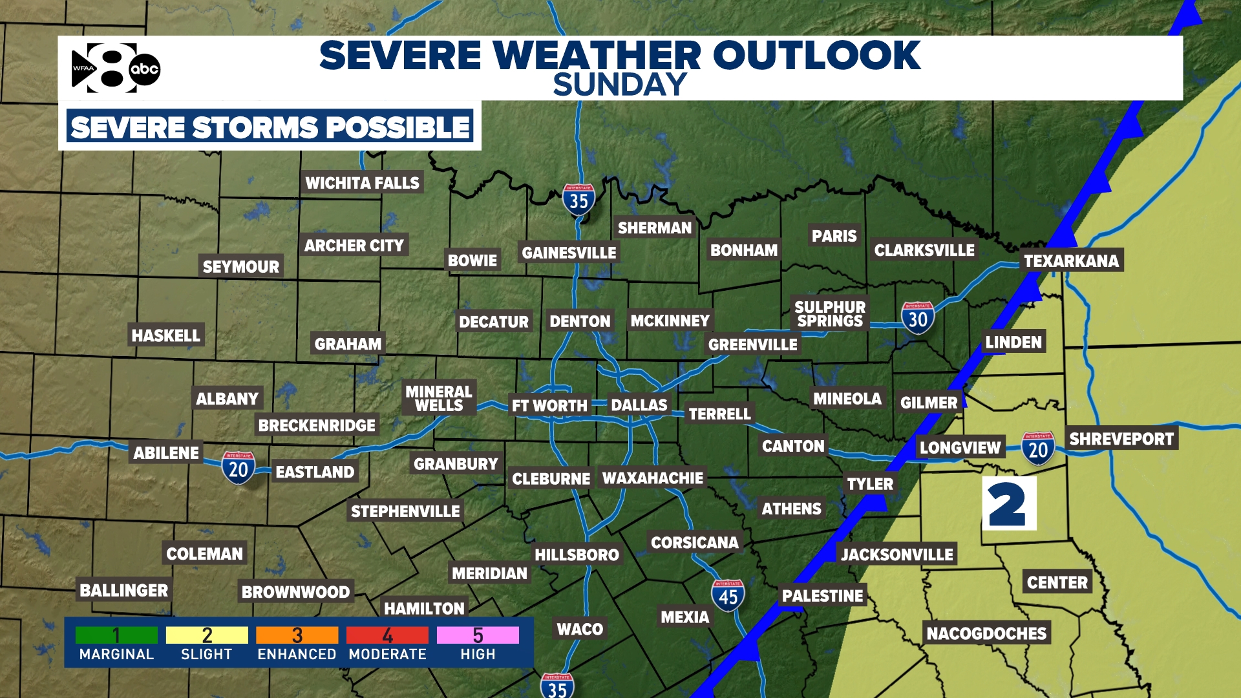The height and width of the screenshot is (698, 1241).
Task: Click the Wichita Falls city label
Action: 362,183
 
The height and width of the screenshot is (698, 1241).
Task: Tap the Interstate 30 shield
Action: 917,318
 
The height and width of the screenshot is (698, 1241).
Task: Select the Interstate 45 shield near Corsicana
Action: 728,595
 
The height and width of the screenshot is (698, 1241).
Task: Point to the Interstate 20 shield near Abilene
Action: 238,468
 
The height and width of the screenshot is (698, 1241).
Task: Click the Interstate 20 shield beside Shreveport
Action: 1038,449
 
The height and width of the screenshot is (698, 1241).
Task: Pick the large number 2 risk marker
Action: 1008,504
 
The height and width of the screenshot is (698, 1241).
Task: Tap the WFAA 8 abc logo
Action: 116,69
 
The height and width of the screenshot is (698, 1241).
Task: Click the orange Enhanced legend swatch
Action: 297,635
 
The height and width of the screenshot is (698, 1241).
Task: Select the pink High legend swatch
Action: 478,635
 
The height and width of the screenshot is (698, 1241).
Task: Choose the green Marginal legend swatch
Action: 116,635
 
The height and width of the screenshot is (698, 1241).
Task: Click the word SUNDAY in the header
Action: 619,85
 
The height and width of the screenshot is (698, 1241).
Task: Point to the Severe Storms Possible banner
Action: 270,127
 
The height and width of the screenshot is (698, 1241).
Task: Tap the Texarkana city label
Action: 1071,260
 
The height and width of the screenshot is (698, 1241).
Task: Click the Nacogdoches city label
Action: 986,633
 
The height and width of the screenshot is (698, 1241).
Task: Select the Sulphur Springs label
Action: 830,314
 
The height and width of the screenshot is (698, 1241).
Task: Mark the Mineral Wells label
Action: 439,398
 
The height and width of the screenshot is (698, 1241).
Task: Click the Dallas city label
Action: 639,405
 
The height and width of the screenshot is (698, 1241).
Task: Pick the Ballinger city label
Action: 123,590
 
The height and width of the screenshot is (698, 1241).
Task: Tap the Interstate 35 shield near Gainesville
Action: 578,200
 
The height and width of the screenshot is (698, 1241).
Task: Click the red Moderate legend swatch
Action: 387,635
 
